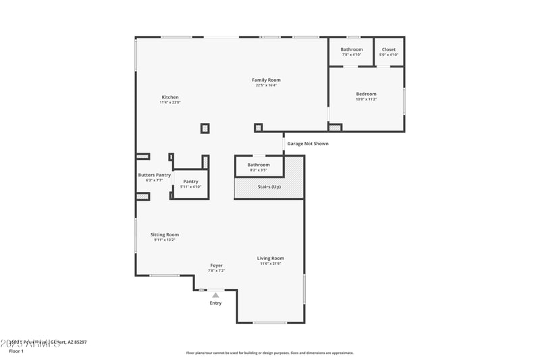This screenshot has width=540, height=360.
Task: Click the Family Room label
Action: pos(266,80)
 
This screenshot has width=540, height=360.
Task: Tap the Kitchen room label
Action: pos(170,97)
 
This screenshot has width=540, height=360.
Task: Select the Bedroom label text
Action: pos(366,94)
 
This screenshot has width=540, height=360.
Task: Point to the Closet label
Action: pos(389,49)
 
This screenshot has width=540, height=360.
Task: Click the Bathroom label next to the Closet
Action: pos(351,49)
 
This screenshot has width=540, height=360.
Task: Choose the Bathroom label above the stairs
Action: pos(259,165)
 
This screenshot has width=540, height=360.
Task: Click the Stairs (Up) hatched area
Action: pos(269,186)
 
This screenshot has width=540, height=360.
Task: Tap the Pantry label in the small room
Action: pos(190,181)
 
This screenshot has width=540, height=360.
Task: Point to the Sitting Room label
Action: pos(164,234)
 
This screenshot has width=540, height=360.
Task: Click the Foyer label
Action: pos(216,265)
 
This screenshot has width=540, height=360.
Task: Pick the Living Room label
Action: pos(270,258)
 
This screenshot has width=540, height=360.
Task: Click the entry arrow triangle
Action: pos(215,295)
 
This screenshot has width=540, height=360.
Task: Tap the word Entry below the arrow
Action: pos(215,303)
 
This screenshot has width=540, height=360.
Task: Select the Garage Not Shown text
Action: pos(308,143)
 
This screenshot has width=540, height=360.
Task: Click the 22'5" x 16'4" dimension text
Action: pos(266,85)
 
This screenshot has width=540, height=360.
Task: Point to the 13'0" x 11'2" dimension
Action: pos(366,99)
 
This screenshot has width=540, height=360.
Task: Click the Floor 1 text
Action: pos(16,351)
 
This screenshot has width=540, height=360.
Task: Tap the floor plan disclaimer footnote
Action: pos(269,353)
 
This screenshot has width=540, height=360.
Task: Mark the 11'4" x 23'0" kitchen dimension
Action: pos(170,102)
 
